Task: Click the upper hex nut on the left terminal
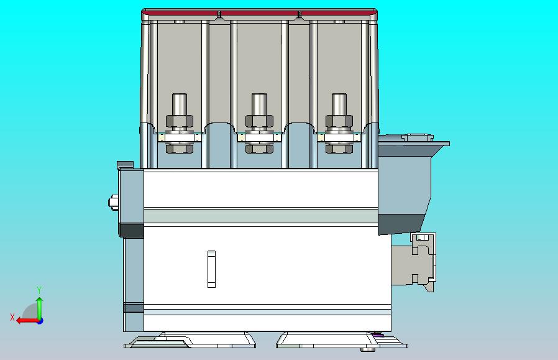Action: pyautogui.click(x=180, y=121)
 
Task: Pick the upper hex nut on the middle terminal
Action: pyautogui.click(x=259, y=121)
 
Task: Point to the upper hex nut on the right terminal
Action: pyautogui.click(x=339, y=121)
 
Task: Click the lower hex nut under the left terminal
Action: pyautogui.click(x=180, y=149)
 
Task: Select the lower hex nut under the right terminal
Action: pyautogui.click(x=339, y=149)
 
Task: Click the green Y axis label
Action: pyautogui.click(x=40, y=290)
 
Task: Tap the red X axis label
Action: pyautogui.click(x=12, y=317)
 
